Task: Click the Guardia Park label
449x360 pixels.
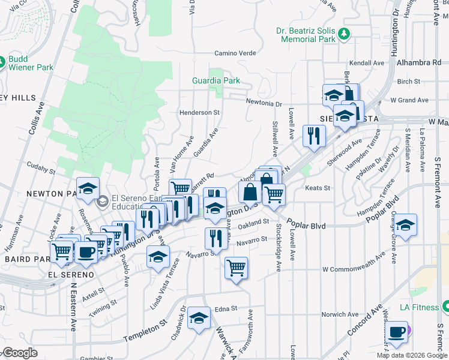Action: pos(215,80)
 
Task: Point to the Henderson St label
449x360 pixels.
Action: pos(199,112)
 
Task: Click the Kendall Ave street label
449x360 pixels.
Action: pos(366,62)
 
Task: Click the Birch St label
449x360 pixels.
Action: pos(408,81)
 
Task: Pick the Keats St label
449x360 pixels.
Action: pos(318,188)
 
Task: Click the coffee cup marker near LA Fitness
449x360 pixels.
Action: pos(396,332)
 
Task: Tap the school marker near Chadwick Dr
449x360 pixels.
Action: pos(198,319)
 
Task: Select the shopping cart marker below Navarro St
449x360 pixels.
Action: pos(236,268)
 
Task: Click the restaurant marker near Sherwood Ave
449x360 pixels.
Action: pos(313,137)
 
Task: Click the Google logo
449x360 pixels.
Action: pos(20,353)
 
